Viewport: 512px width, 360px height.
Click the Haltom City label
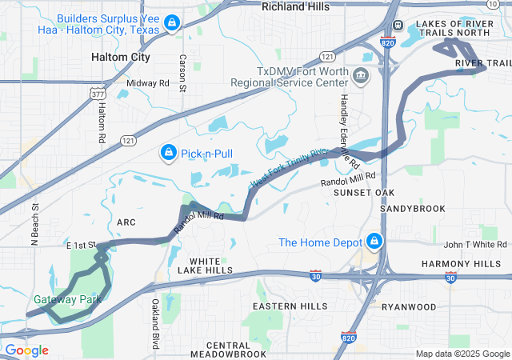tap(121, 58)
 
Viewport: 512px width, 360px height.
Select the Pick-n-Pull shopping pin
tap(169, 151)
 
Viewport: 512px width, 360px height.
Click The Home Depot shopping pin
tap(374, 241)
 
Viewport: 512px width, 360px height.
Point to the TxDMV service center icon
tap(361, 76)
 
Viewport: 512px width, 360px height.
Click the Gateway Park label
tap(67, 299)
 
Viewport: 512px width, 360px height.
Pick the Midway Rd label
tap(148, 82)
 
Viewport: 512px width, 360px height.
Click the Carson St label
tap(182, 73)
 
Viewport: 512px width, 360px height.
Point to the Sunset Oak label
tap(364, 193)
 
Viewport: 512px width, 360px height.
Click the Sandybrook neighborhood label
tap(412, 208)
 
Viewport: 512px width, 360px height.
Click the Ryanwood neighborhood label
tap(409, 306)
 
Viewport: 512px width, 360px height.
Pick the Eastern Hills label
tap(290, 306)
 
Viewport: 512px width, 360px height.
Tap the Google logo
tap(26, 350)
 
